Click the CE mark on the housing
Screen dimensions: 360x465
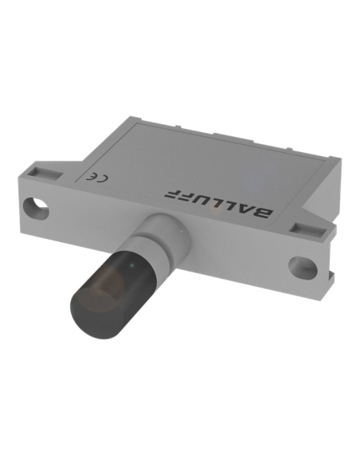pos(96,177)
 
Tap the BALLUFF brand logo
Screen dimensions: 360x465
pos(219,203)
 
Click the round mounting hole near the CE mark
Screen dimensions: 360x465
pos(37,209)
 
